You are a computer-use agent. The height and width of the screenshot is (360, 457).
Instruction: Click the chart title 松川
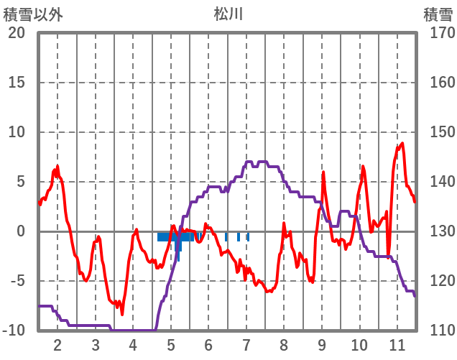click(228, 13)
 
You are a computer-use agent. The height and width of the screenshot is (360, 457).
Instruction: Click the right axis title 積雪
click(436, 13)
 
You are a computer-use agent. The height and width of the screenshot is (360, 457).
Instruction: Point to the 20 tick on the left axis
click(17, 33)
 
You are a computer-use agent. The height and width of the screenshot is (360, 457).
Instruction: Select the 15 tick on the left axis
click(17, 83)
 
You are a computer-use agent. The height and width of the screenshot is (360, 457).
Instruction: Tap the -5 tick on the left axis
click(17, 281)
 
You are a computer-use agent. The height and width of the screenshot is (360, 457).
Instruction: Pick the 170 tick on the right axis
click(438, 33)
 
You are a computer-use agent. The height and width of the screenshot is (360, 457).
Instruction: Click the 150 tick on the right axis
click(438, 132)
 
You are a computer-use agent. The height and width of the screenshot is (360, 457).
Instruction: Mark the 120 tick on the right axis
click(438, 281)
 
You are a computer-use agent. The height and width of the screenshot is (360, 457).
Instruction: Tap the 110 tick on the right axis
click(438, 331)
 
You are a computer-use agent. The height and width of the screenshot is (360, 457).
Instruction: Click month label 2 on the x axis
click(57, 344)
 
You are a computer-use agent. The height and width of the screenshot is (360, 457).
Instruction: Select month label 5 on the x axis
click(171, 344)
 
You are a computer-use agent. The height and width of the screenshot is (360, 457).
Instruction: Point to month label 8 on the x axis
click(284, 344)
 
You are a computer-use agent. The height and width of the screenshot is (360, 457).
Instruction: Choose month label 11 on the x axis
click(397, 344)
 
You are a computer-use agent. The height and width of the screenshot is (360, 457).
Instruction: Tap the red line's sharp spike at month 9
click(323, 172)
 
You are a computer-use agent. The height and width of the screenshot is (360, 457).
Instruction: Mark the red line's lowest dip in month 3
click(122, 314)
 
